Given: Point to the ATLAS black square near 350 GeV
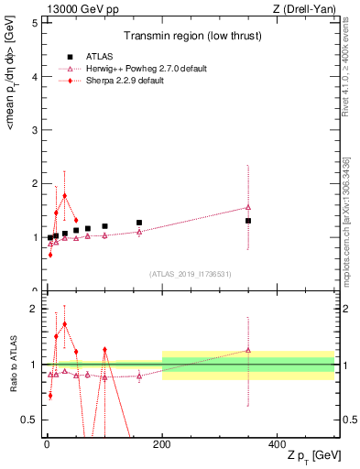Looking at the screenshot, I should (248, 221).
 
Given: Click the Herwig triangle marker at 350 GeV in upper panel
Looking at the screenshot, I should (248, 207).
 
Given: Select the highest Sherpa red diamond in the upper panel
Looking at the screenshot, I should (64, 195).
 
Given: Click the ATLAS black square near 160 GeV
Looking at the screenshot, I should (139, 223).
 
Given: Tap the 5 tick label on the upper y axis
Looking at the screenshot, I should (34, 23).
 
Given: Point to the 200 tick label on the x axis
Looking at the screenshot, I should (162, 443).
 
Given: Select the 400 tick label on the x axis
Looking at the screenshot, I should (278, 443).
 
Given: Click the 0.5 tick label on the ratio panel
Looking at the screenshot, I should (29, 420).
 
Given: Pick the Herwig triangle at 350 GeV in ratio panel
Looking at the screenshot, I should (248, 350).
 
